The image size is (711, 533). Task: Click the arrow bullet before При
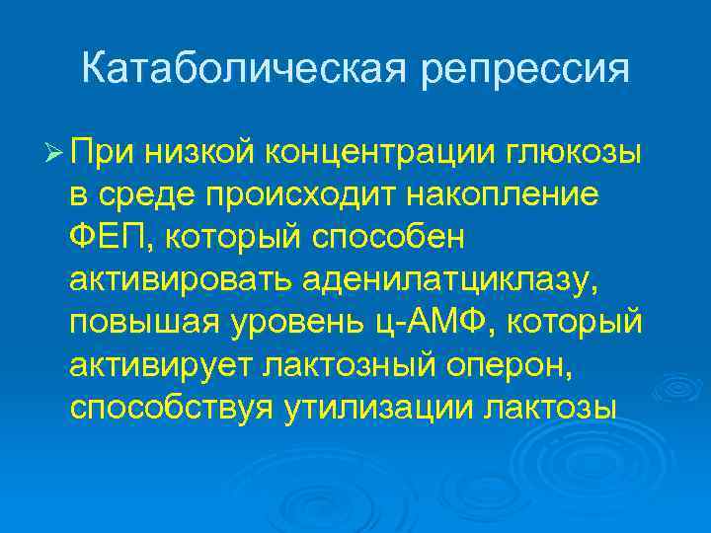(54, 153)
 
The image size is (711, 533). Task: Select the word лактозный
(350, 365)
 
